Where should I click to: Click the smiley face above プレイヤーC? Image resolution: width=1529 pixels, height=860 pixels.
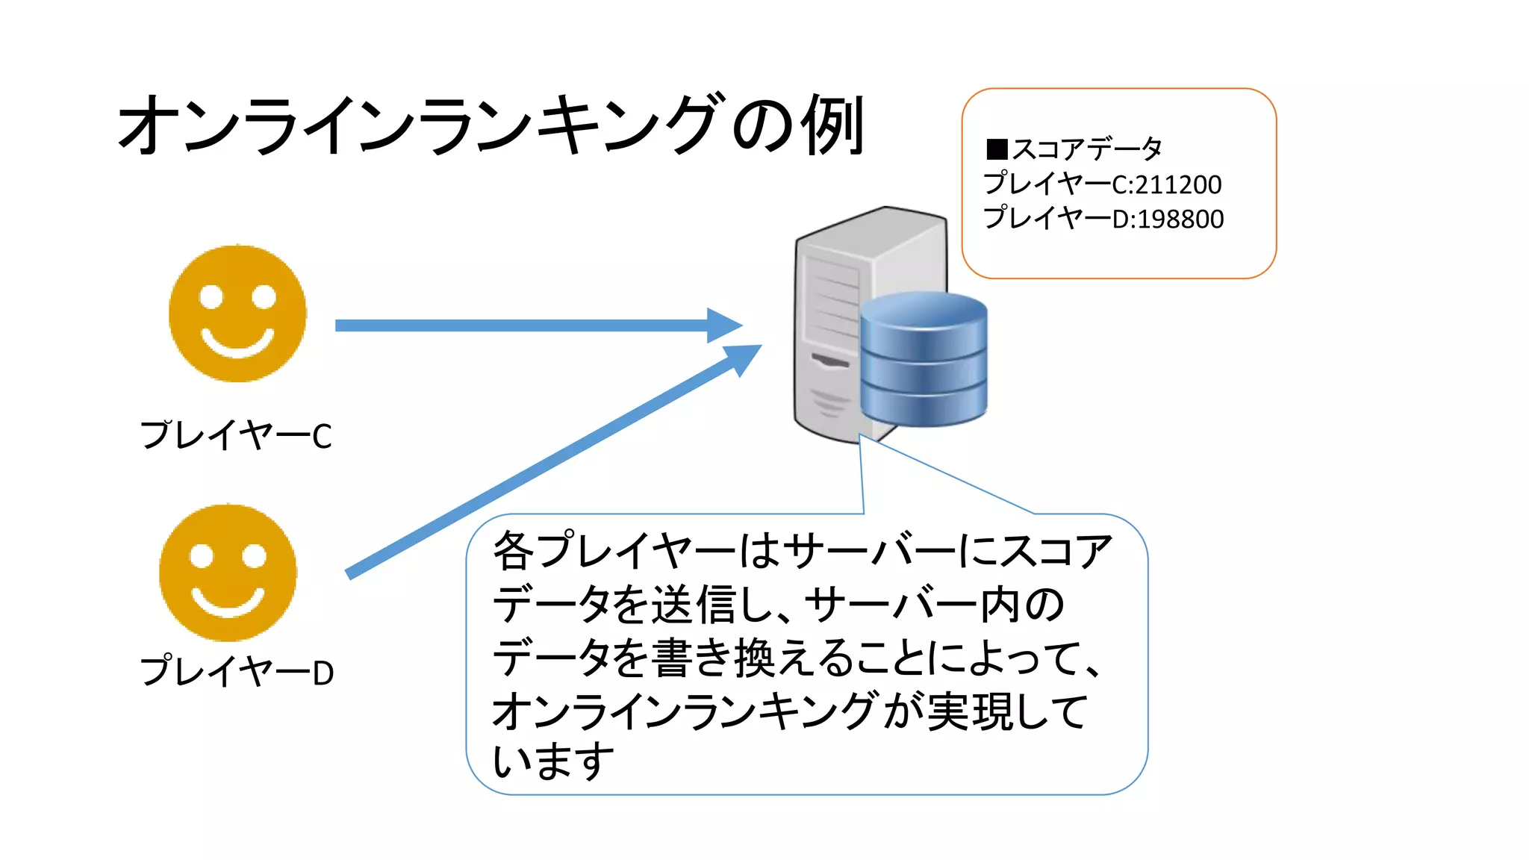point(237,314)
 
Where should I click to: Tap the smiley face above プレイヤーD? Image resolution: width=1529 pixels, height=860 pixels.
point(228,573)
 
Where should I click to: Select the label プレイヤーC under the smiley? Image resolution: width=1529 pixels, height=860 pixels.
point(236,436)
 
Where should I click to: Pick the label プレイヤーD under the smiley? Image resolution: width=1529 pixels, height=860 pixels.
point(237,672)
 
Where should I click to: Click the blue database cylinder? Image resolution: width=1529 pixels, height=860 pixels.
point(924,358)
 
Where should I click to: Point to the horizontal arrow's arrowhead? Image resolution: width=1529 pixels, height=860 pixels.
point(724,325)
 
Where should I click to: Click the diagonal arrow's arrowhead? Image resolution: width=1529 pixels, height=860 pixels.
point(743,358)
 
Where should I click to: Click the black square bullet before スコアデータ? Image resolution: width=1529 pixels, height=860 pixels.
point(997,149)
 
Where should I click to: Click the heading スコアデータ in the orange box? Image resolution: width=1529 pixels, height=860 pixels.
point(1087,149)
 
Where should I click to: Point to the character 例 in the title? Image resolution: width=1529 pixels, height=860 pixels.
point(832,125)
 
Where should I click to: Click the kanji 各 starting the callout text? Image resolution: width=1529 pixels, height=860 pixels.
point(514,551)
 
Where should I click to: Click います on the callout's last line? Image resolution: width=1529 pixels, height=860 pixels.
point(553,761)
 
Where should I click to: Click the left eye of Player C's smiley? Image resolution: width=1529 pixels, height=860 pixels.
point(211,296)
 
